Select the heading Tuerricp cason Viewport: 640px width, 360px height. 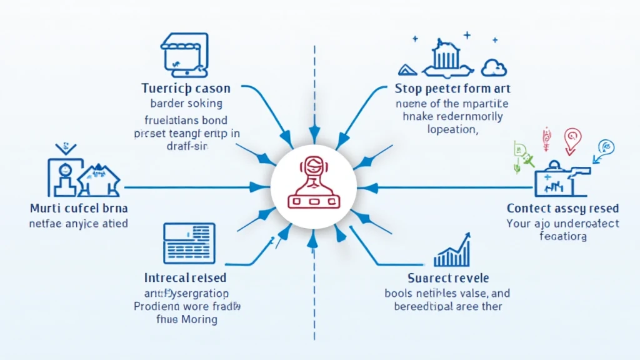coord(186,88)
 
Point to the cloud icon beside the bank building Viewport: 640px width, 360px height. coord(494,67)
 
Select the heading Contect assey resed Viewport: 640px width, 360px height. coord(562,208)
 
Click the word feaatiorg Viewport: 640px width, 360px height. coord(562,237)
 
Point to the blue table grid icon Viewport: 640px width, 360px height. coord(189,242)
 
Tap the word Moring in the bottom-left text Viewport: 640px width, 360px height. coord(198,320)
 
